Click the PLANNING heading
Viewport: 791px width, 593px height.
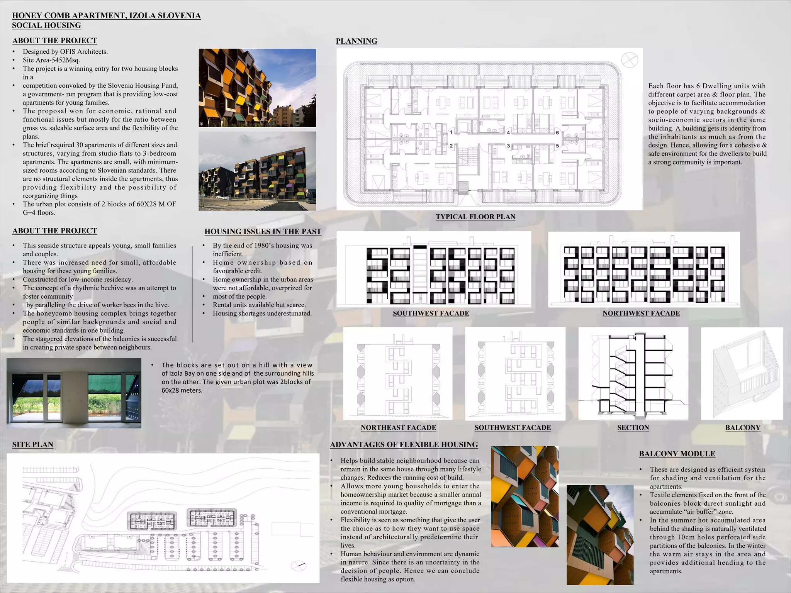click(x=356, y=41)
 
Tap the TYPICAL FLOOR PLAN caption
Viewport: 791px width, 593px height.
click(x=475, y=217)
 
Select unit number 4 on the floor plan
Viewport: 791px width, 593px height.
click(x=508, y=133)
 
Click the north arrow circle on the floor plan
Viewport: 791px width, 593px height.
click(x=630, y=60)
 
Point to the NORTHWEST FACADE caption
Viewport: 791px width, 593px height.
click(x=641, y=313)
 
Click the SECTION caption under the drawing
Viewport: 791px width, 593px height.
click(x=633, y=428)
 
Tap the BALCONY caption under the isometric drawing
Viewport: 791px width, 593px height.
click(x=742, y=428)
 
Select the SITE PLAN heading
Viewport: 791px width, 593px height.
click(x=32, y=445)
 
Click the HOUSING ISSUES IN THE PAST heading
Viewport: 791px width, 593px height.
click(x=263, y=232)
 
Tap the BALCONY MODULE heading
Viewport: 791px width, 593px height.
click(x=677, y=454)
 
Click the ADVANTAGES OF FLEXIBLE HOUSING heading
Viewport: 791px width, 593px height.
click(x=404, y=445)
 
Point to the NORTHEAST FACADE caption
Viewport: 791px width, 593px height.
click(x=398, y=428)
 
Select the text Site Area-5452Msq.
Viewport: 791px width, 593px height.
click(x=51, y=60)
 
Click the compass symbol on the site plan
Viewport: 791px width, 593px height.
click(x=299, y=566)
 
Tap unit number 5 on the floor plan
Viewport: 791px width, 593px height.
click(x=557, y=146)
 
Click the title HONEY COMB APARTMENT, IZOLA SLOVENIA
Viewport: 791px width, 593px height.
click(x=106, y=16)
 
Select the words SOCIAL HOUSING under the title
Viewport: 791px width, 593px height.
click(x=46, y=25)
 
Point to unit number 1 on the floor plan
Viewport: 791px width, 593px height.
click(x=451, y=132)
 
